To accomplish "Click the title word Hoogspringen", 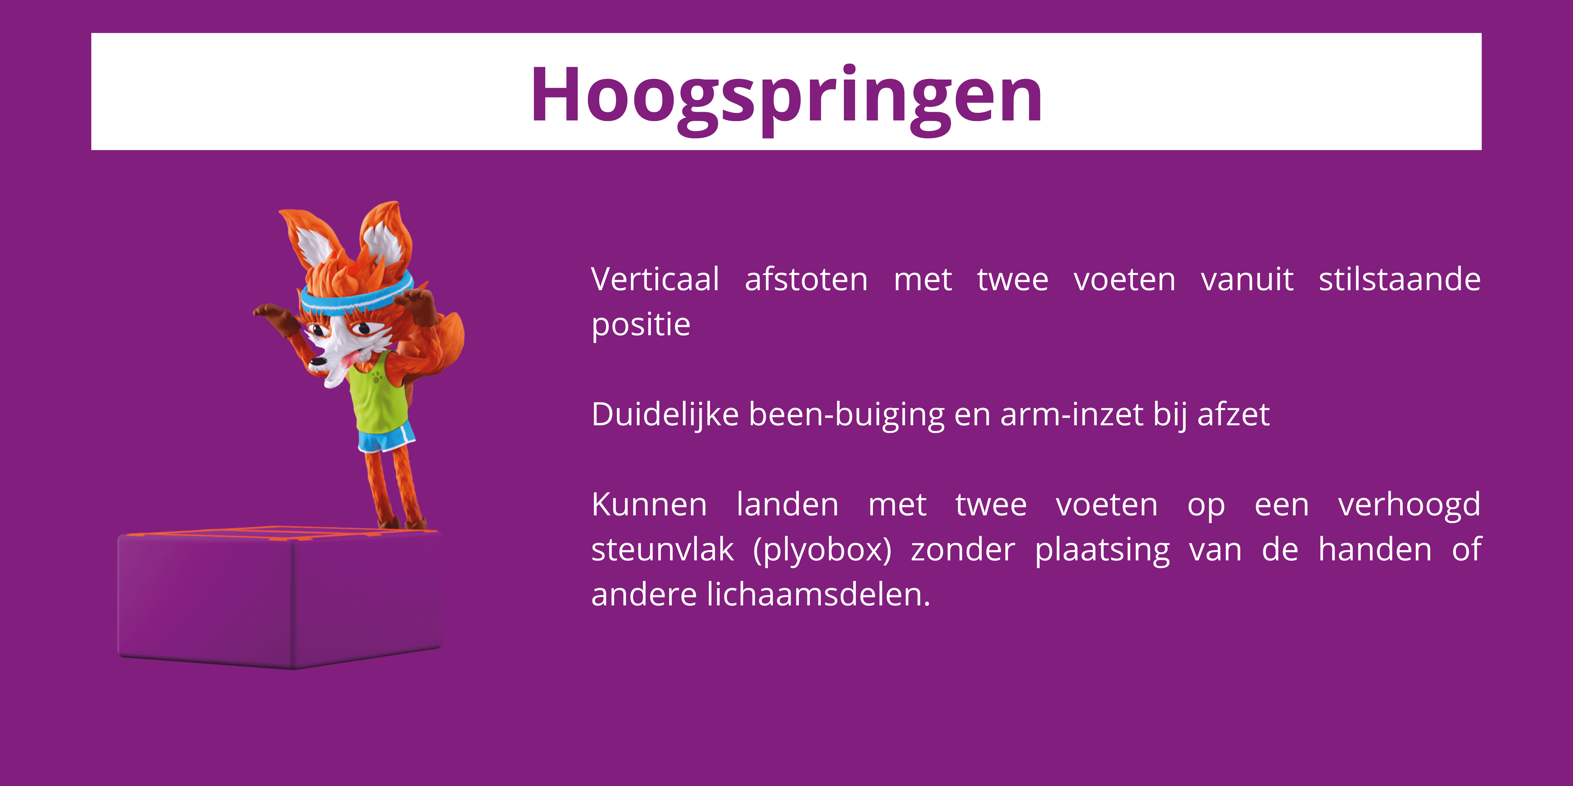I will tap(786, 96).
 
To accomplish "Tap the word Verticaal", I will tap(655, 280).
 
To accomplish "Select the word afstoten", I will tap(806, 280).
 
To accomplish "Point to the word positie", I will tap(641, 325).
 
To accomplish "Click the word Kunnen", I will tap(649, 505).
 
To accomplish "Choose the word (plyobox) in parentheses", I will tap(822, 550).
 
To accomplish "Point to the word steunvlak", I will tap(662, 550).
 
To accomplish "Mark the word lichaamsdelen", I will tap(818, 595).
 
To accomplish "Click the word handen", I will tap(1375, 550).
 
